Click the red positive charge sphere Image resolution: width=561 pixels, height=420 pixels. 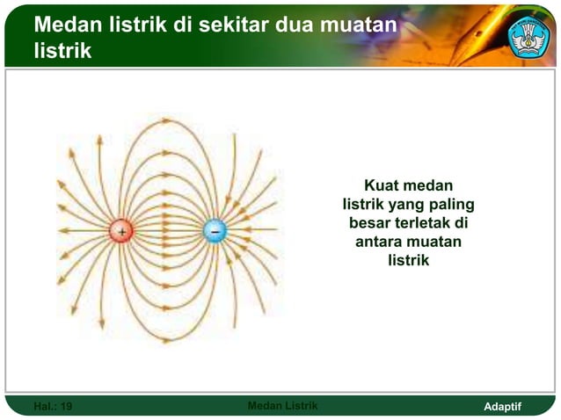tap(120, 231)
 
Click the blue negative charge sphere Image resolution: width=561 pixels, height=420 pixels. tap(215, 231)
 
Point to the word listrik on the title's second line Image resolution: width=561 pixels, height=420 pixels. tap(62, 51)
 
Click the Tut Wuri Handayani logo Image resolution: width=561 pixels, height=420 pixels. tap(529, 34)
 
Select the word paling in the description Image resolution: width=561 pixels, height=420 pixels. tap(455, 205)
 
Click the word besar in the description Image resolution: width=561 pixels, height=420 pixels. tap(373, 223)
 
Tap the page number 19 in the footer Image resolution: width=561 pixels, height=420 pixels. tap(66, 407)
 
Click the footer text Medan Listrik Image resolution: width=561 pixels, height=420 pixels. tap(283, 406)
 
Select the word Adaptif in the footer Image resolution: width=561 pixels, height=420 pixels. tap(503, 407)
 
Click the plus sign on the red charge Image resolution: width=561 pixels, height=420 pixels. tap(120, 231)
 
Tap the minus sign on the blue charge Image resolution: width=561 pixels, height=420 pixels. tap(215, 231)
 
